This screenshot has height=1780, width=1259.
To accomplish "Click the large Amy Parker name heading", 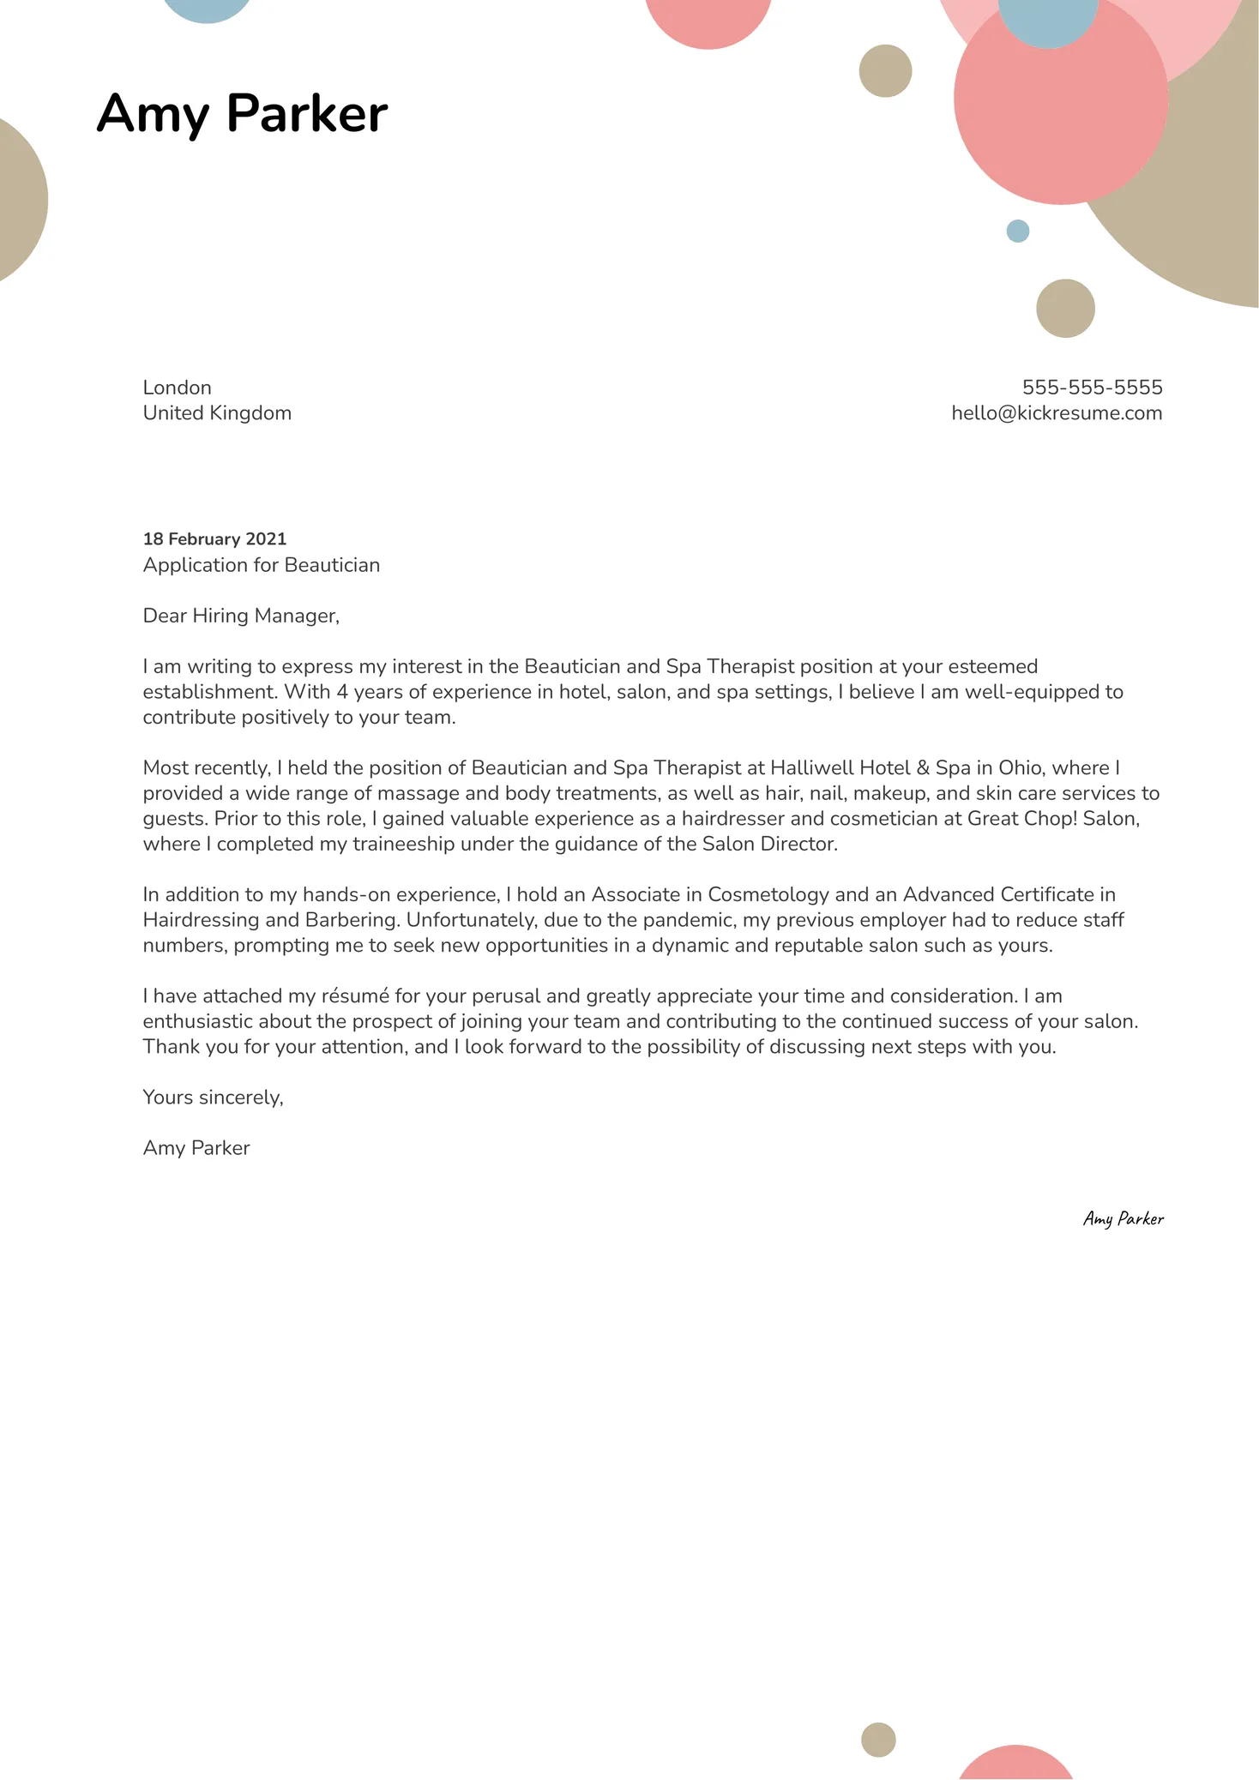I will pos(242,113).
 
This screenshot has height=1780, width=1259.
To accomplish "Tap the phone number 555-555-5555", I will pos(1092,388).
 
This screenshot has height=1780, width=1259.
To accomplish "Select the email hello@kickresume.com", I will pos(1057,413).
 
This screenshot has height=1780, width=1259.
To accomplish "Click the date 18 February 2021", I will pos(214,539).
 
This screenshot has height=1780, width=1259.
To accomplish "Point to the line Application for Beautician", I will pos(261,565).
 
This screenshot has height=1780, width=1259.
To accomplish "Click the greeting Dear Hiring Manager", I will pos(241,616).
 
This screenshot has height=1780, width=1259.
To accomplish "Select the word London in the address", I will pos(177,388).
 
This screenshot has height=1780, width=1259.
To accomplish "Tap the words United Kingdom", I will pos(217,413).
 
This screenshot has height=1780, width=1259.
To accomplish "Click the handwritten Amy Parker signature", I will pos(1123,1218).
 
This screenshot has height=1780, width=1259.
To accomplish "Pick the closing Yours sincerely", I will pos(213,1097).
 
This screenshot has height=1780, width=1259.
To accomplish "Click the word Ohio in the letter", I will pos(1020,768).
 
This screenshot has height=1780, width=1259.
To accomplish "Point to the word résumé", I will pos(355,996).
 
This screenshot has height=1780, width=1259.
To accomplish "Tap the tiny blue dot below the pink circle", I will pos(1017,232).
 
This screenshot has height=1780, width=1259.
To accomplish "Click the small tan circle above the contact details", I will pos(1065,309).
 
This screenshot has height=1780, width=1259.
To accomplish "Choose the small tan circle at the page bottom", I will pos(878,1740).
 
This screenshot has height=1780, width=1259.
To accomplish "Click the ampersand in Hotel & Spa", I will pos(923,768).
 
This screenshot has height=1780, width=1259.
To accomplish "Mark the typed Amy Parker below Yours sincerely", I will pos(196,1148).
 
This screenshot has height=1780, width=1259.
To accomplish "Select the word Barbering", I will pos(352,920).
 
